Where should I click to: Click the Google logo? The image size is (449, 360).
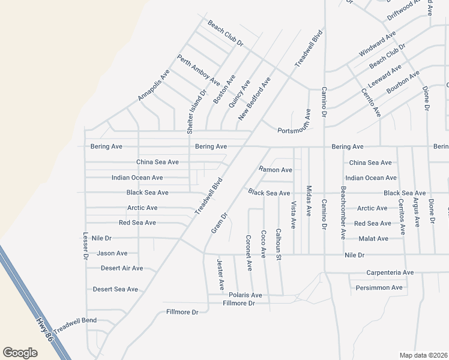click(20, 353)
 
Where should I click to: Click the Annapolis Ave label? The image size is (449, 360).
click(154, 85)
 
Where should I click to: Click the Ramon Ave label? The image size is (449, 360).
click(276, 170)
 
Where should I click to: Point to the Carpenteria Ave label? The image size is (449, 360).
click(390, 272)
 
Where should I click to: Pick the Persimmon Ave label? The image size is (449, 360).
click(379, 287)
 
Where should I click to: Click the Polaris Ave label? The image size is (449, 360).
click(246, 295)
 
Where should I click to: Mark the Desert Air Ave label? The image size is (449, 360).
click(122, 268)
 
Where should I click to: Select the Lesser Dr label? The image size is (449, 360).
click(85, 246)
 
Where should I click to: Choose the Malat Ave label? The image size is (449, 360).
click(373, 238)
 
